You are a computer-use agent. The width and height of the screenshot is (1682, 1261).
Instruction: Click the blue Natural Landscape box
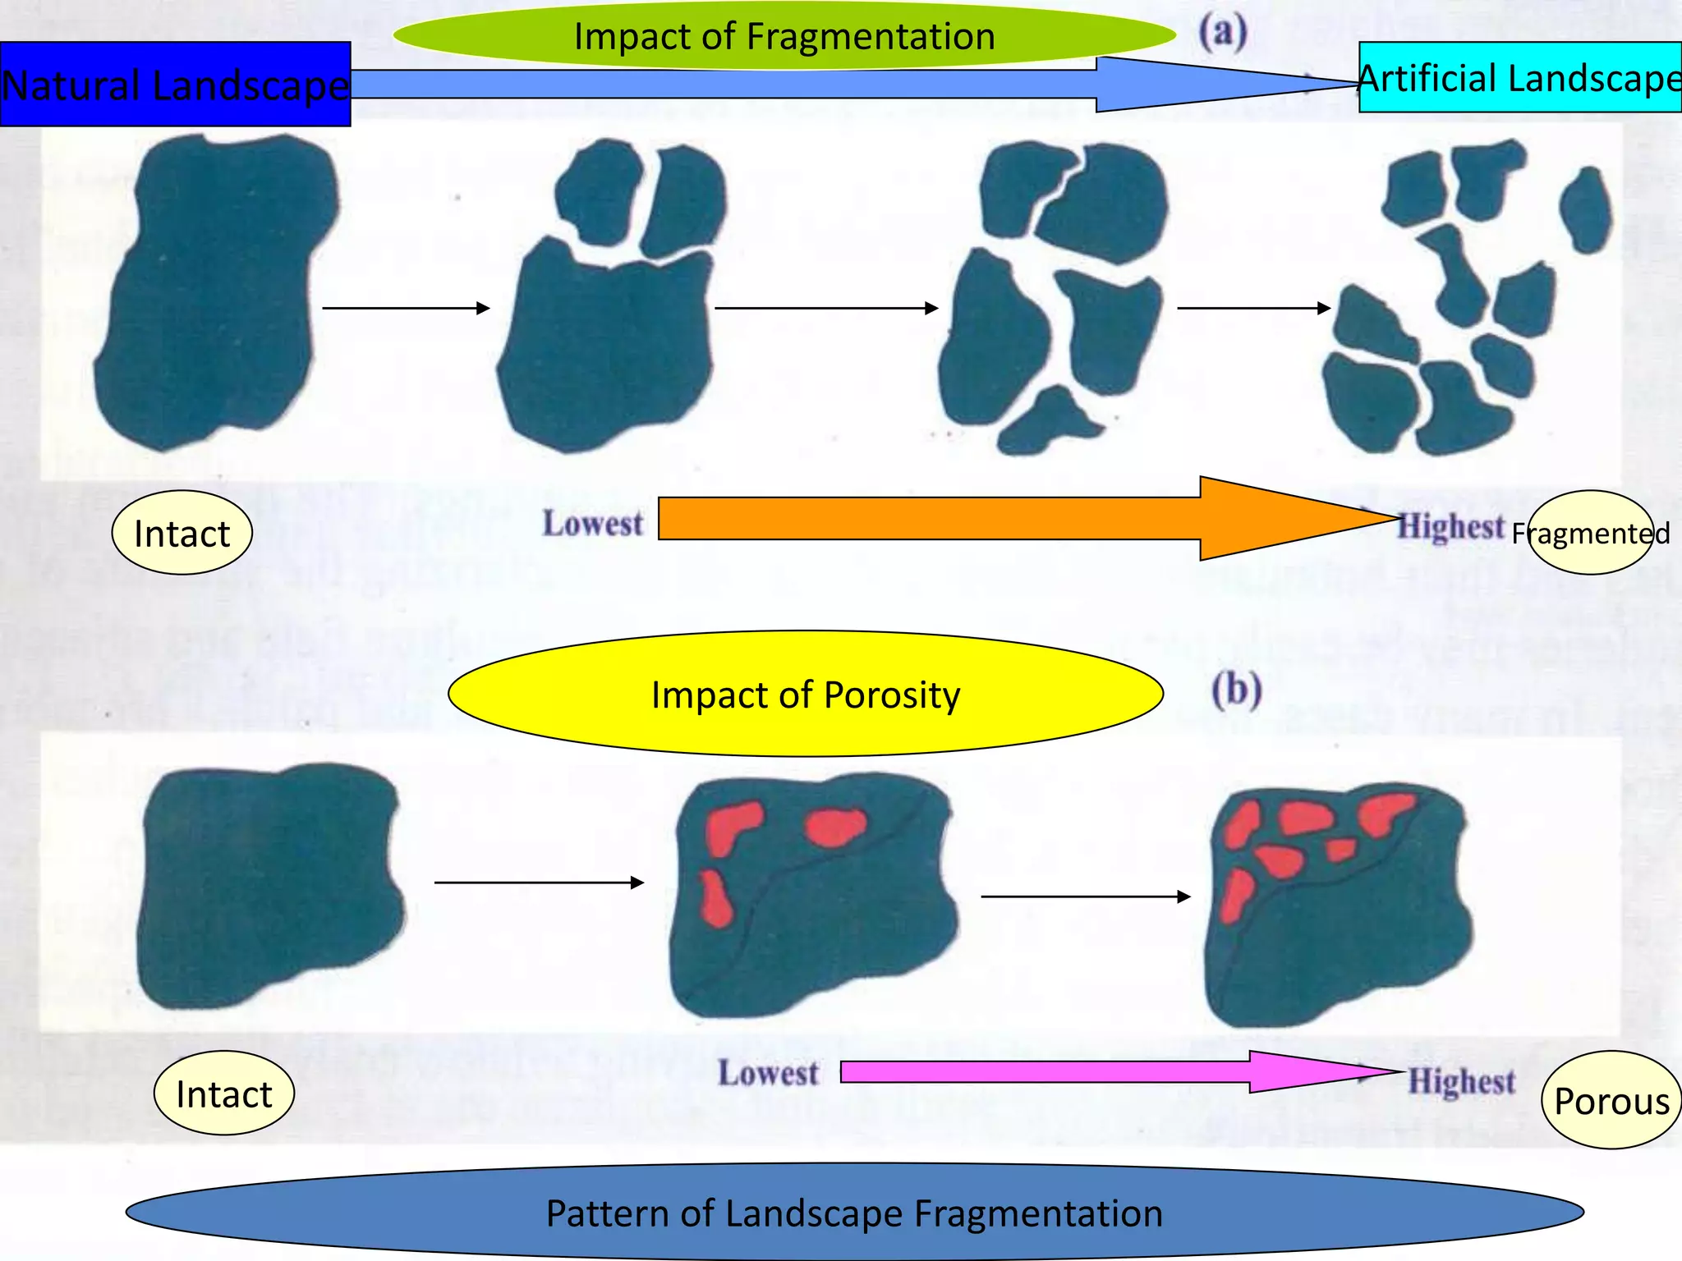175,84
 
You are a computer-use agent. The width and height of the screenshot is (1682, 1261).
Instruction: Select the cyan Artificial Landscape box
1519,77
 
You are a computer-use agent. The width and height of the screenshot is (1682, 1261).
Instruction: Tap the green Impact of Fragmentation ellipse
784,36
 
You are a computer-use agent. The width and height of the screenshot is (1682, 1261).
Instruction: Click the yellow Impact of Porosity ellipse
805,694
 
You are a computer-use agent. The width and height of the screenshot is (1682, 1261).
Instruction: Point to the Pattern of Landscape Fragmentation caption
854,1213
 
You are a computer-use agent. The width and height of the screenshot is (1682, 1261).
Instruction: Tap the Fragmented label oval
1591,533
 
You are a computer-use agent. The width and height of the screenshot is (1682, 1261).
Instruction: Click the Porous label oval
1611,1100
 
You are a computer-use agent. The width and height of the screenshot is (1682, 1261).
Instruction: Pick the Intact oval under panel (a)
182,533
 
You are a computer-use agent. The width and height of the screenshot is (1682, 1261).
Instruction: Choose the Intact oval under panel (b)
223,1094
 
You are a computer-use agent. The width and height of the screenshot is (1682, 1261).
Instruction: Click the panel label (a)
1222,33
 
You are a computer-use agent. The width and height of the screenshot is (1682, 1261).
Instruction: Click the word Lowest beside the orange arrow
592,523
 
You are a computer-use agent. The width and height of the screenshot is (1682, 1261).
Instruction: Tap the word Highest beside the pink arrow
1462,1080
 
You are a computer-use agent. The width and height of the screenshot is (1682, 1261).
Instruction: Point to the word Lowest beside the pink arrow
768,1072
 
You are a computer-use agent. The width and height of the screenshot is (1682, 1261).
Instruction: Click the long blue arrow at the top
739,84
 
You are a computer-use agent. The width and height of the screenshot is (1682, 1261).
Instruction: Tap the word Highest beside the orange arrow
1451,526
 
